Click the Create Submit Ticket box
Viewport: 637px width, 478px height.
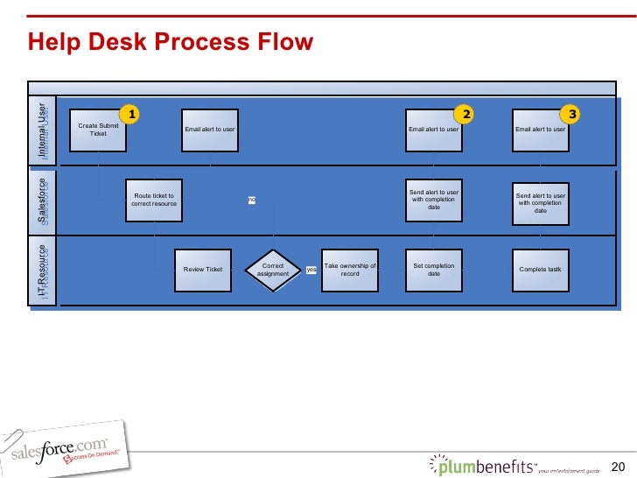(x=99, y=130)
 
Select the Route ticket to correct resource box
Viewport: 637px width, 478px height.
(x=154, y=199)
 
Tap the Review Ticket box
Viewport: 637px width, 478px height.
(x=203, y=269)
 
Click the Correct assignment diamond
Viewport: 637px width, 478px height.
(x=273, y=270)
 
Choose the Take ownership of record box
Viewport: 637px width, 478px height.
(x=350, y=269)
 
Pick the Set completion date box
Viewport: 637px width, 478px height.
(x=434, y=269)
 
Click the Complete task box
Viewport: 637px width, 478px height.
(x=540, y=269)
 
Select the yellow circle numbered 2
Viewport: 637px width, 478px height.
(x=466, y=114)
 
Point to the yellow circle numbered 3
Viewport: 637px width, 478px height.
(x=572, y=114)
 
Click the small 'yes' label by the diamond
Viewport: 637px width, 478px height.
(x=311, y=270)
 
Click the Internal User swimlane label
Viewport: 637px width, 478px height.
(x=43, y=130)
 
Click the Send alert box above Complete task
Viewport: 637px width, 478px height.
(x=540, y=203)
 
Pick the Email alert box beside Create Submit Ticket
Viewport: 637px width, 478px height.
(x=210, y=130)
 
